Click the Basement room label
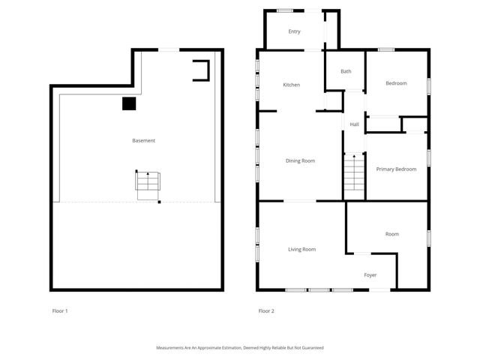[143, 140]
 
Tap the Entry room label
[295, 31]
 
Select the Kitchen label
[291, 85]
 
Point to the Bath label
[346, 71]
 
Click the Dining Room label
[300, 160]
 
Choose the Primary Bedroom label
[396, 169]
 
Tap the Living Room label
[302, 249]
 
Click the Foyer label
[370, 275]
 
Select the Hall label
[354, 124]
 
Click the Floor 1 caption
[60, 310]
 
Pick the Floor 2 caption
[266, 310]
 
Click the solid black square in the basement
[130, 103]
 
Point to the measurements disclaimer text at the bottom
[240, 348]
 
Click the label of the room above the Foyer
[392, 234]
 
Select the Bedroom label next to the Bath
[396, 83]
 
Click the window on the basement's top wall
[169, 50]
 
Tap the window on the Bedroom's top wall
[386, 50]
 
